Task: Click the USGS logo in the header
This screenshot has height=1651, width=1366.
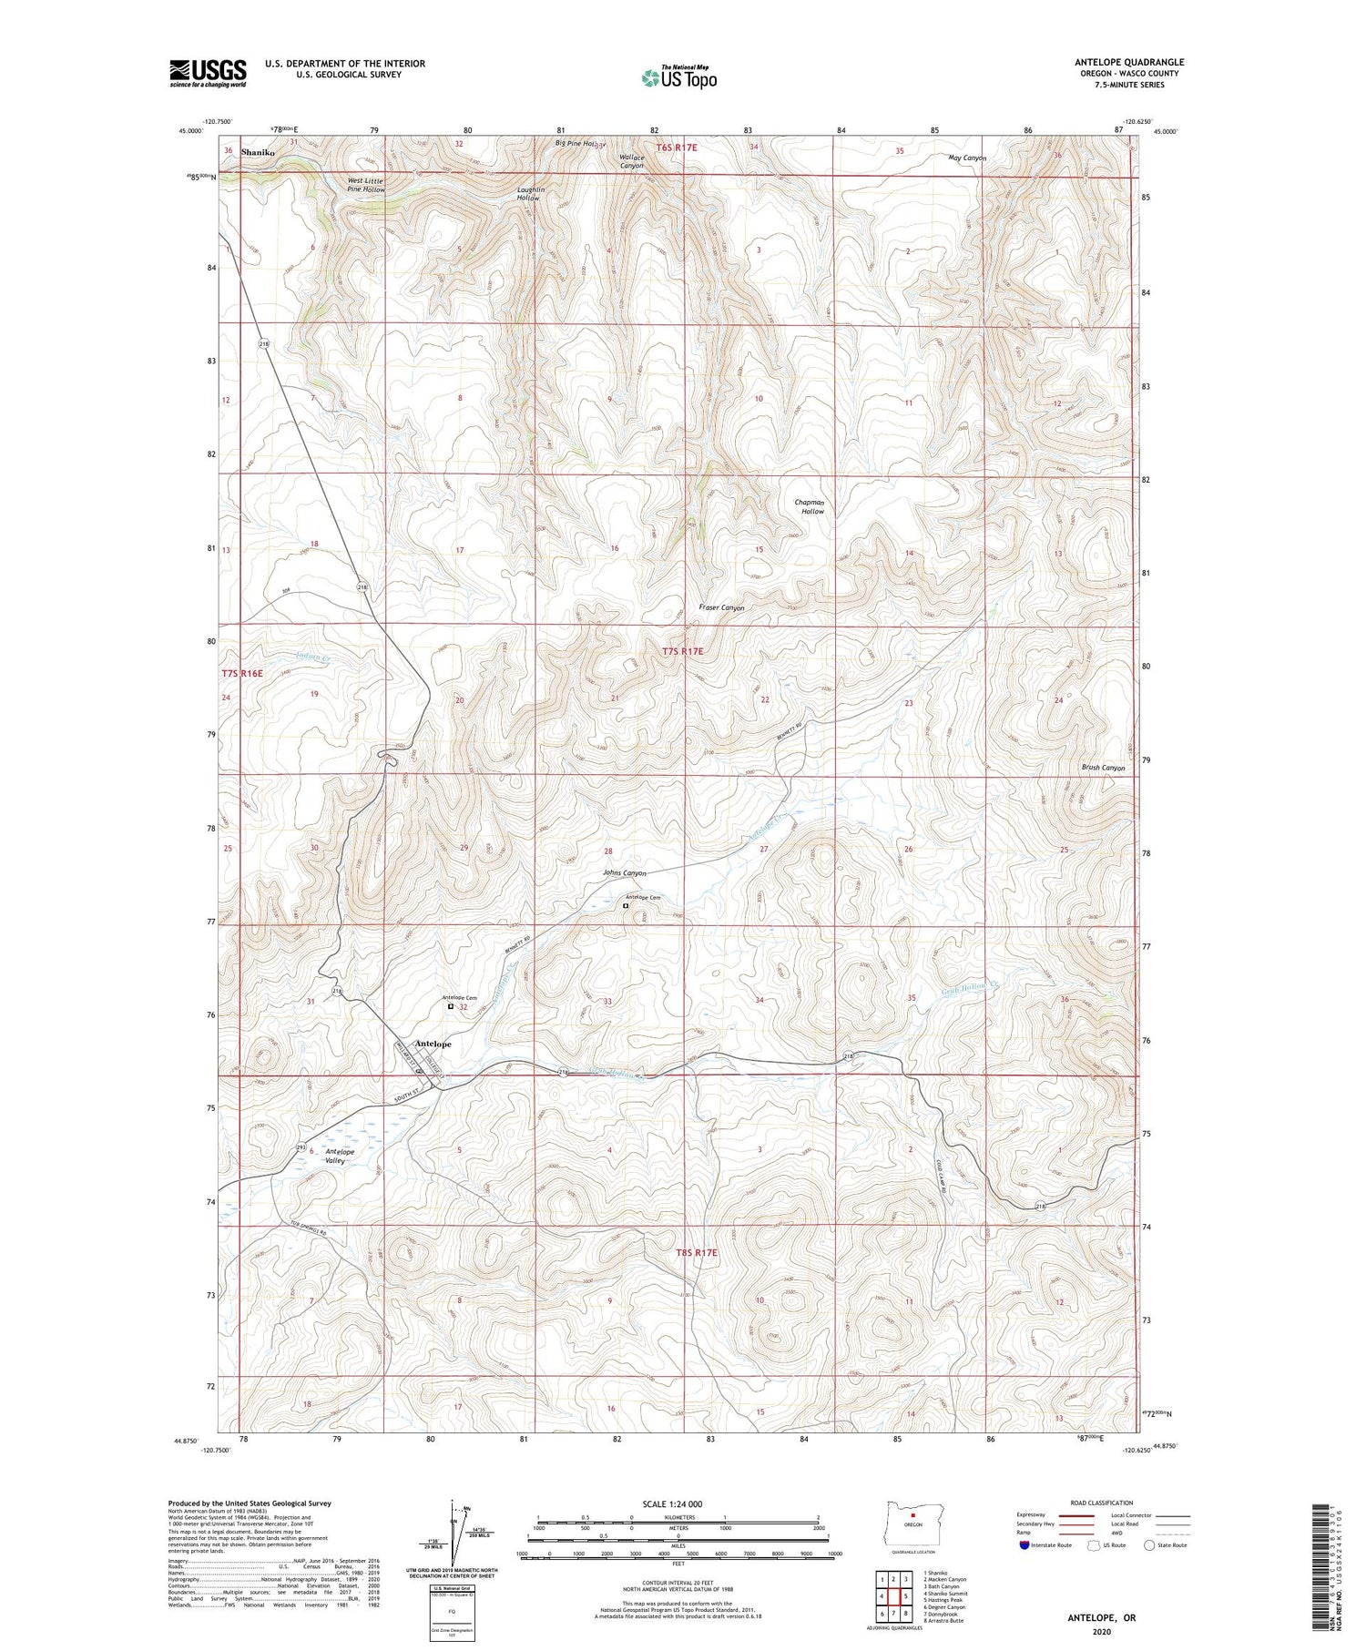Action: coord(208,73)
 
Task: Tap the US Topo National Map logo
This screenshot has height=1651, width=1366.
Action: coord(678,77)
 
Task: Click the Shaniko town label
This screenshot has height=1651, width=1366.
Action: coord(258,153)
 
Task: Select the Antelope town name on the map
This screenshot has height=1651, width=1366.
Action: coord(433,1044)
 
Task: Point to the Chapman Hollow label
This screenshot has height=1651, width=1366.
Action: coord(810,507)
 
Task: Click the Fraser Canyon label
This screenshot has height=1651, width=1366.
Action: coord(721,607)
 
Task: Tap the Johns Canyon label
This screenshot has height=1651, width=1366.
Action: coord(625,873)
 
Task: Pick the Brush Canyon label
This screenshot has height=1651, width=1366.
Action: coord(1103,768)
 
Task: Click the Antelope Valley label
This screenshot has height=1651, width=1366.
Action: coord(340,1157)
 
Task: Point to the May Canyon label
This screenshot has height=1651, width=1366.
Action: coord(967,158)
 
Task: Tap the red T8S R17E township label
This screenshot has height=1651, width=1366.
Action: coord(697,1253)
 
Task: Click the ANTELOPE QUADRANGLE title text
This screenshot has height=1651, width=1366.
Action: coord(1129,62)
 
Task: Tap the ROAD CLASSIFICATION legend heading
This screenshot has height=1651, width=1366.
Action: coord(1101,1503)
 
